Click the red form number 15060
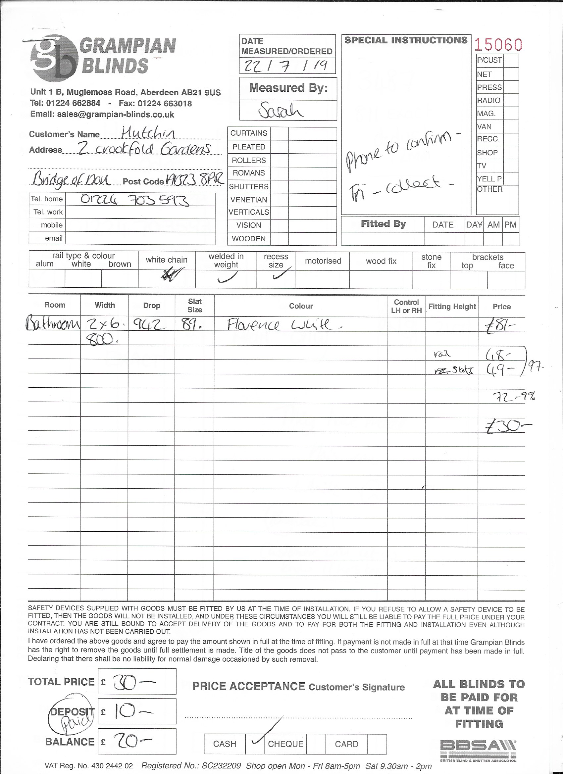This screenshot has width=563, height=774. (x=498, y=44)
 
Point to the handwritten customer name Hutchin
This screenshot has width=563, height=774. (x=148, y=133)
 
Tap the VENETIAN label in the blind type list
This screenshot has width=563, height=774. (x=249, y=200)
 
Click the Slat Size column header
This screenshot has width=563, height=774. (x=195, y=306)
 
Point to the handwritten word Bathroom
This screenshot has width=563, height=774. (x=53, y=324)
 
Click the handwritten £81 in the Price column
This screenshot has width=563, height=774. (x=501, y=326)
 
